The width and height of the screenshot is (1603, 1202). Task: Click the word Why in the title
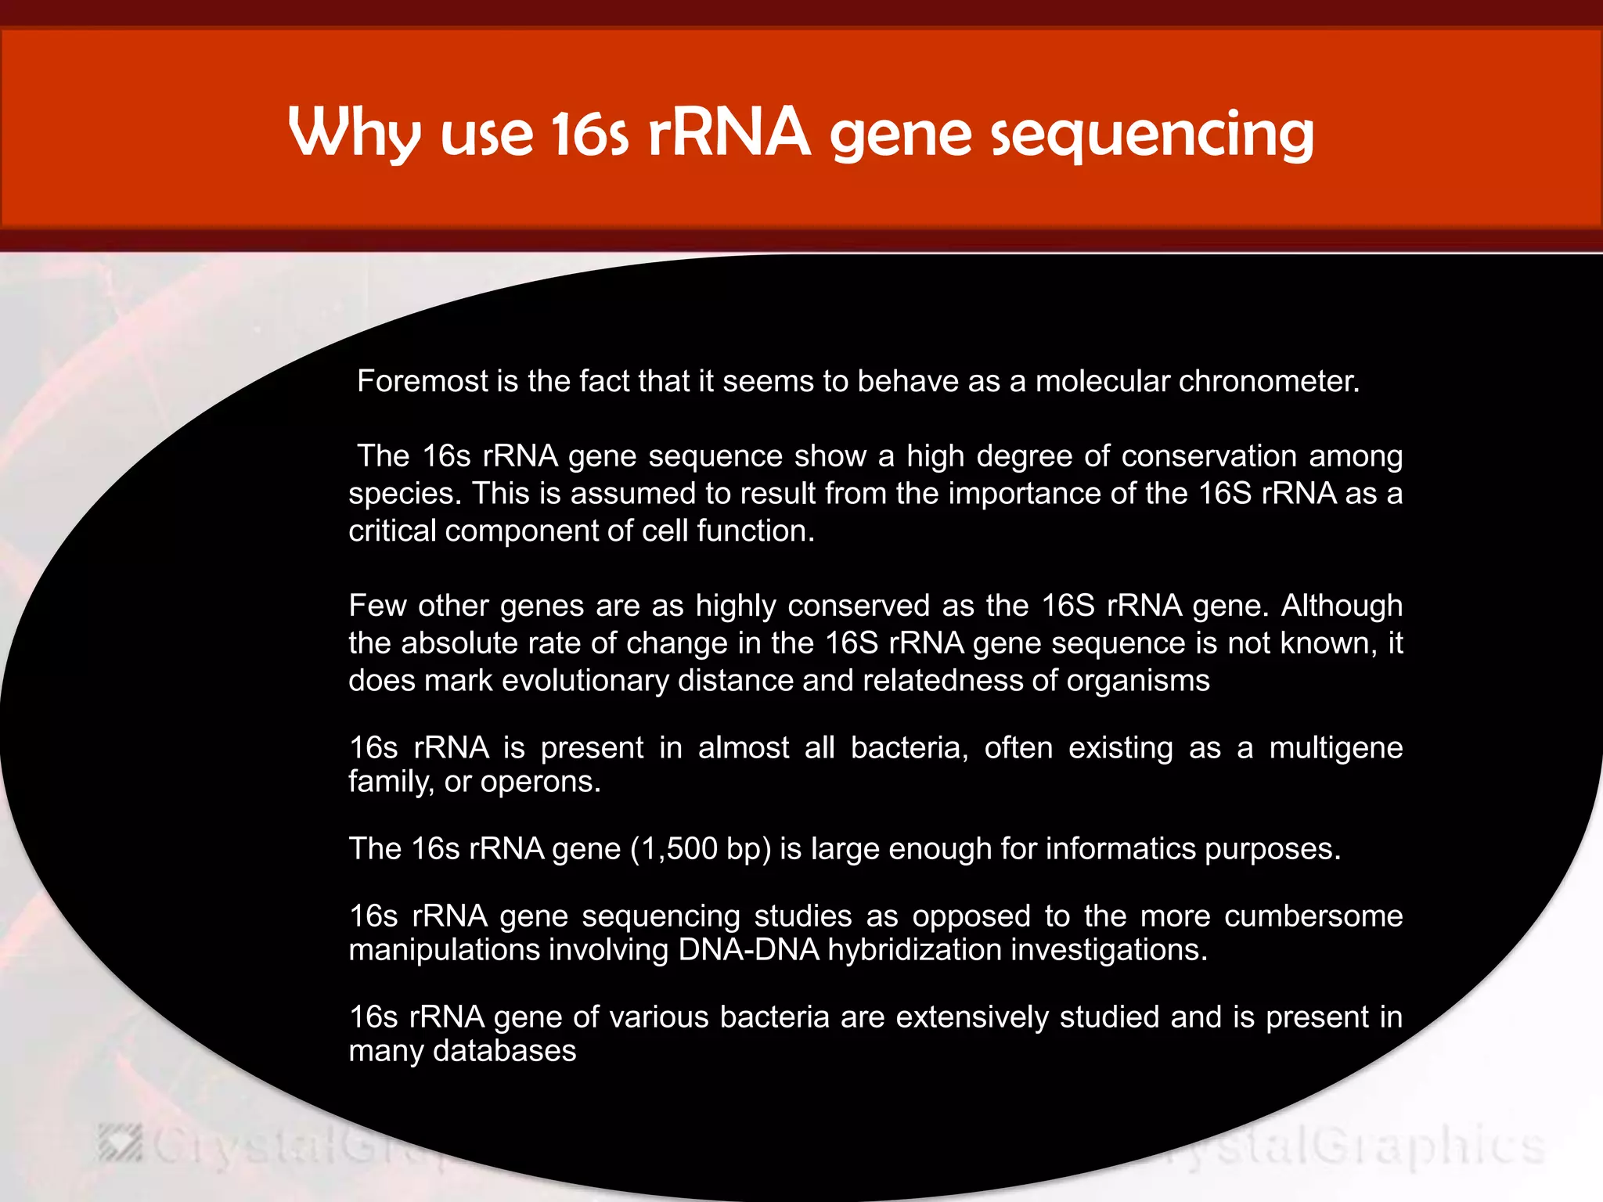tap(355, 133)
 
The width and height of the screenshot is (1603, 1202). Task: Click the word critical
tap(392, 531)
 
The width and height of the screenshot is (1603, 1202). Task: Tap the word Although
tap(1342, 605)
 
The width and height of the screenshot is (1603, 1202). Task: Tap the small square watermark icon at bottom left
tap(121, 1144)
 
